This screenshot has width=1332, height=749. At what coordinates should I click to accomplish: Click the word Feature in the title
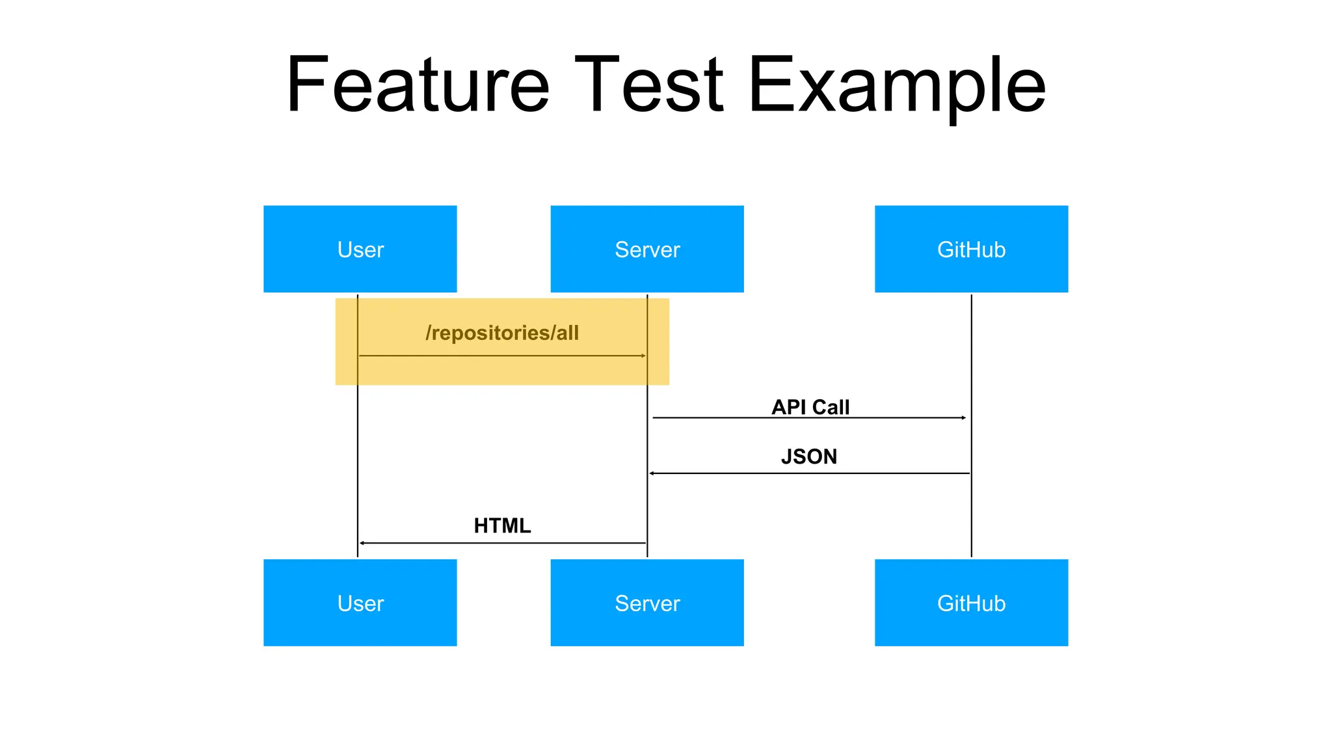pos(418,85)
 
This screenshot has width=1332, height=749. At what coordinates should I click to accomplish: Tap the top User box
pos(360,249)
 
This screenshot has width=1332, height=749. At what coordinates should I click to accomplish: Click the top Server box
pos(646,249)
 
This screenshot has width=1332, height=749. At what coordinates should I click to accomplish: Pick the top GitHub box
pos(970,249)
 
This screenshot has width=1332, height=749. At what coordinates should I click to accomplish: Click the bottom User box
pos(360,603)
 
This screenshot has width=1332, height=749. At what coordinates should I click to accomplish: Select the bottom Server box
pos(646,603)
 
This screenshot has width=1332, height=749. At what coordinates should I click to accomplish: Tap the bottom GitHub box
pos(970,603)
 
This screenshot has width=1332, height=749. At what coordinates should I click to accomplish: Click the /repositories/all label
pos(501,333)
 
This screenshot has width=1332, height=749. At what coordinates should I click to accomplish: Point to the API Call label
pos(810,406)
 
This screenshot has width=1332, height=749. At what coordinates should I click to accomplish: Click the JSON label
pos(808,456)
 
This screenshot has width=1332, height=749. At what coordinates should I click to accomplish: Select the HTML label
pos(501,525)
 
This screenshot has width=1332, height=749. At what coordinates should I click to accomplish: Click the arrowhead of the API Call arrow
pos(964,417)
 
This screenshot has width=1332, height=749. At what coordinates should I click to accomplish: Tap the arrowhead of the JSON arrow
pos(652,473)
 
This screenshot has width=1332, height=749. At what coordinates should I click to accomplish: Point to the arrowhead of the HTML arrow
pos(362,543)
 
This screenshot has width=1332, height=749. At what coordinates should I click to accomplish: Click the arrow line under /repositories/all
pos(501,356)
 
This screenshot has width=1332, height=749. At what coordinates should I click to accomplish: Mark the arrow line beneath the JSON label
pos(810,473)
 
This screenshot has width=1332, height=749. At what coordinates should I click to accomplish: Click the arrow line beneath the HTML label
pos(501,543)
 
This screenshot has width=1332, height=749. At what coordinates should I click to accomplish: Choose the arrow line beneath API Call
pos(810,417)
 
